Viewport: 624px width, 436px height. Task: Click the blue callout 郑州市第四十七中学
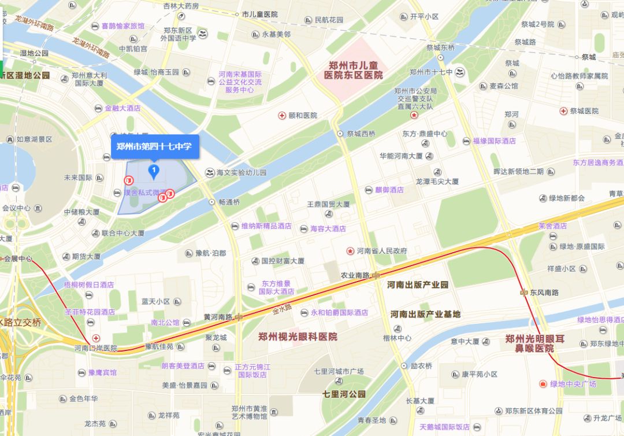coord(154,146)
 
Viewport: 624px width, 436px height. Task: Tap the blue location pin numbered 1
coord(154,170)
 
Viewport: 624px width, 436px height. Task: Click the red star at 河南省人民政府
coord(350,251)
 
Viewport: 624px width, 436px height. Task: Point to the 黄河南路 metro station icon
coord(239,317)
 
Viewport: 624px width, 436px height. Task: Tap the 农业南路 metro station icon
coord(376,275)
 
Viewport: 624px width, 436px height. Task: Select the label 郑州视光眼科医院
coord(298,337)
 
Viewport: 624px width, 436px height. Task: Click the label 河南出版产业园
coord(418,284)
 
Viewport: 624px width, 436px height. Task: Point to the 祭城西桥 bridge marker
coord(340,134)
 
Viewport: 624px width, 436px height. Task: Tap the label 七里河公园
coord(344,394)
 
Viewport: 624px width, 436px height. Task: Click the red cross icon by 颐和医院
coord(282,116)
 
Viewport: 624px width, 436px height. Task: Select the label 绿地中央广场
coord(573,384)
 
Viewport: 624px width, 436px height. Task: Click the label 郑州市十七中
coord(430,72)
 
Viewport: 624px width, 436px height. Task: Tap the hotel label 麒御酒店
coord(389,190)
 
